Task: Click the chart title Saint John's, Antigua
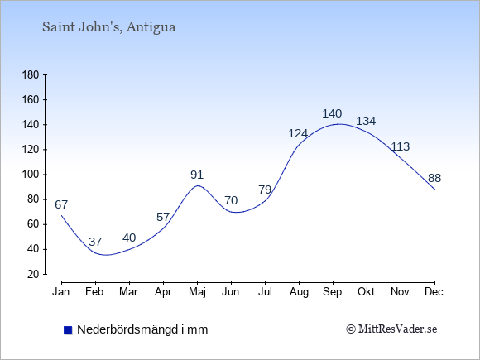click(x=109, y=27)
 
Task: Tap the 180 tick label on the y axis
click(x=31, y=75)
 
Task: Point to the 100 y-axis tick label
click(x=31, y=175)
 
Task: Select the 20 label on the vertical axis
click(x=33, y=274)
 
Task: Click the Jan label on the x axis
click(x=61, y=292)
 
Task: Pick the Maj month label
click(x=197, y=292)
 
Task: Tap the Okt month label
click(x=366, y=292)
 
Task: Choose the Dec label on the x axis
click(x=434, y=292)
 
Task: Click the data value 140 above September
click(x=332, y=114)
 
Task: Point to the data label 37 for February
click(x=95, y=242)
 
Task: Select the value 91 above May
click(x=197, y=175)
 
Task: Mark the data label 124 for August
click(x=298, y=133)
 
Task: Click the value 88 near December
click(x=434, y=178)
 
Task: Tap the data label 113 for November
click(x=401, y=147)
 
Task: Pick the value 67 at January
click(x=61, y=204)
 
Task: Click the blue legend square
click(x=68, y=330)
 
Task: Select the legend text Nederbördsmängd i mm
click(x=142, y=329)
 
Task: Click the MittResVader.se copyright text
click(x=391, y=329)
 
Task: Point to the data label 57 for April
click(x=163, y=217)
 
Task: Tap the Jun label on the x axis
click(x=231, y=292)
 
